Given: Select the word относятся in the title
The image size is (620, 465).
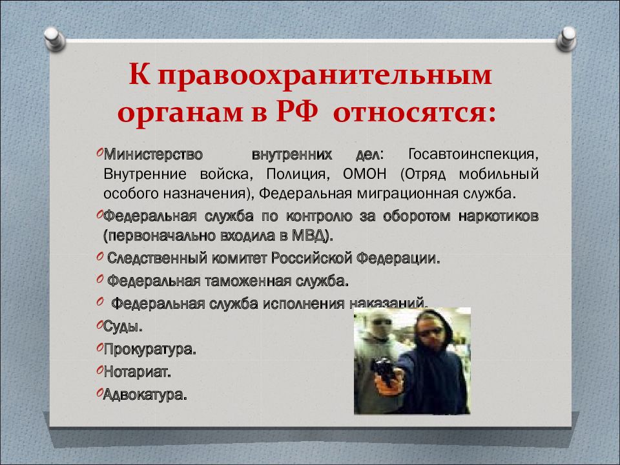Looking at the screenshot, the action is pyautogui.click(x=414, y=114).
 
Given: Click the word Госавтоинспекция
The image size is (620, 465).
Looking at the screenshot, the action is pyautogui.click(x=473, y=154).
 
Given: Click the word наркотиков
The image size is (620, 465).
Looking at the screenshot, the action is pyautogui.click(x=499, y=216).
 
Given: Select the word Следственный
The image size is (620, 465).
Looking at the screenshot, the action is pyautogui.click(x=157, y=258).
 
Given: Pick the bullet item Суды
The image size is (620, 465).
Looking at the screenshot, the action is pyautogui.click(x=123, y=327).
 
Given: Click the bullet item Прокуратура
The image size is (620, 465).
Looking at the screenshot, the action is pyautogui.click(x=149, y=349).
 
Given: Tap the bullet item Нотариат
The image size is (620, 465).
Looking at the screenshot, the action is pyautogui.click(x=137, y=372).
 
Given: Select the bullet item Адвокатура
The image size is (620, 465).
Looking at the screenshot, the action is pyautogui.click(x=145, y=394).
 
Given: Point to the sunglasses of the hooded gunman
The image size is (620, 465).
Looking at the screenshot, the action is pyautogui.click(x=430, y=331).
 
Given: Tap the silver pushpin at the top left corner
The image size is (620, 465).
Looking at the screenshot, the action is pyautogui.click(x=54, y=39).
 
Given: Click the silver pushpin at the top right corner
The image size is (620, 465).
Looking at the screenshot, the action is pyautogui.click(x=566, y=39).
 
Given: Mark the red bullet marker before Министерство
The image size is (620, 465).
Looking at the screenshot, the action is pyautogui.click(x=99, y=152).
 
